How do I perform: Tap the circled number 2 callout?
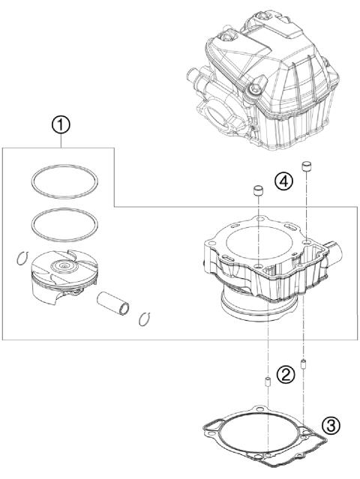tap(283, 376)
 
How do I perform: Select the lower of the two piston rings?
tap(64, 222)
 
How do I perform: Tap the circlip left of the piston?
tap(22, 260)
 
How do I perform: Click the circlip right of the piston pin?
tap(147, 318)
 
